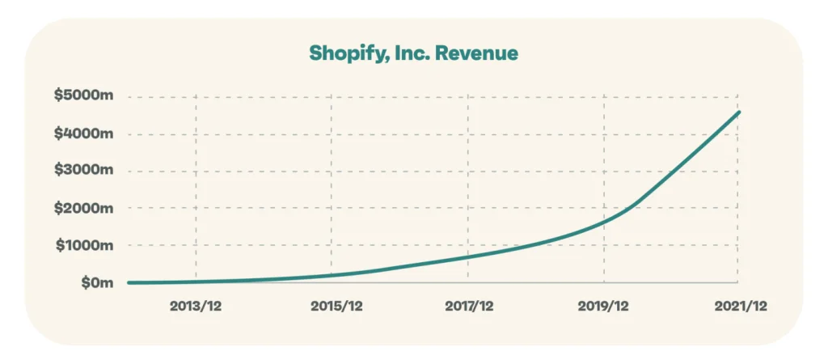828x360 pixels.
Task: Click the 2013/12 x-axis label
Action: (196, 307)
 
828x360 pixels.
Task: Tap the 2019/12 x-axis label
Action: (605, 307)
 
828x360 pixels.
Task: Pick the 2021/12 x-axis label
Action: (739, 307)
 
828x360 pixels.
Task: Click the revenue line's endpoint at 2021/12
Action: (738, 112)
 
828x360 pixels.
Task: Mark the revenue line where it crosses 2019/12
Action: (604, 223)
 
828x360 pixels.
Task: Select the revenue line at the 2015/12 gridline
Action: (333, 275)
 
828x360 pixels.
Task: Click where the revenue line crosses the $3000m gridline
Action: (677, 172)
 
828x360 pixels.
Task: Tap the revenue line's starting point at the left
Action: (129, 283)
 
